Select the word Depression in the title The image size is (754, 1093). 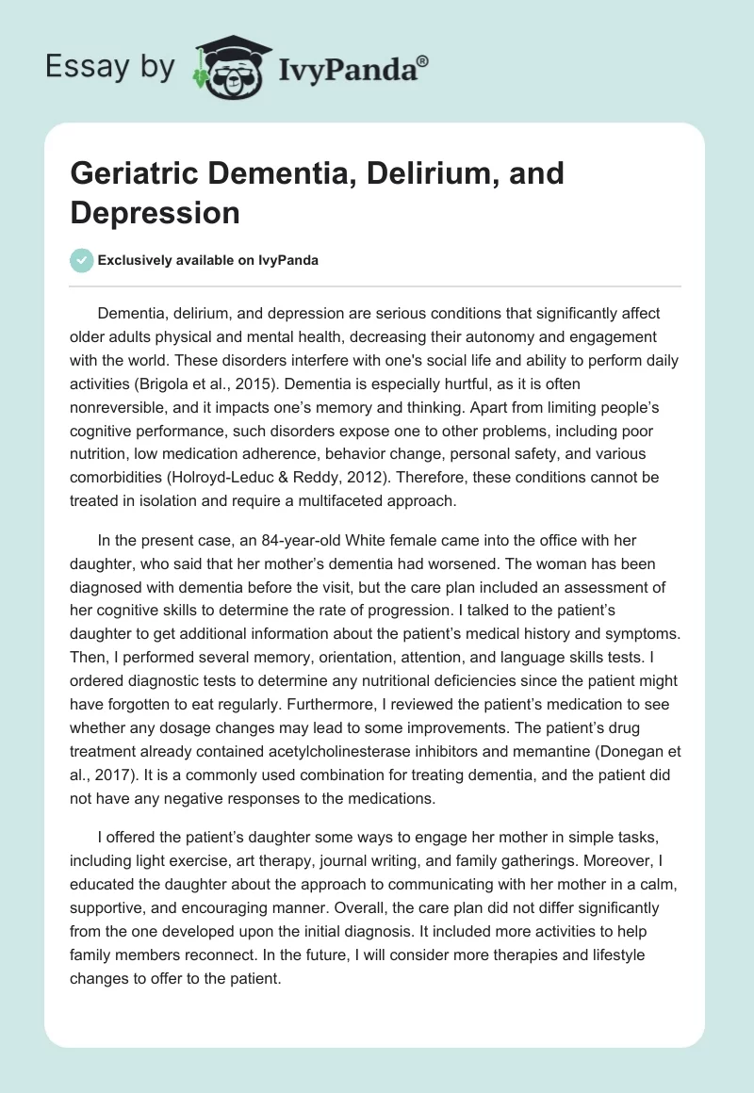[x=155, y=212]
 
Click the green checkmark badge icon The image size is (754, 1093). [x=82, y=261]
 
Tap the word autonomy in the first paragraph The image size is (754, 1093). [x=446, y=335]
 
